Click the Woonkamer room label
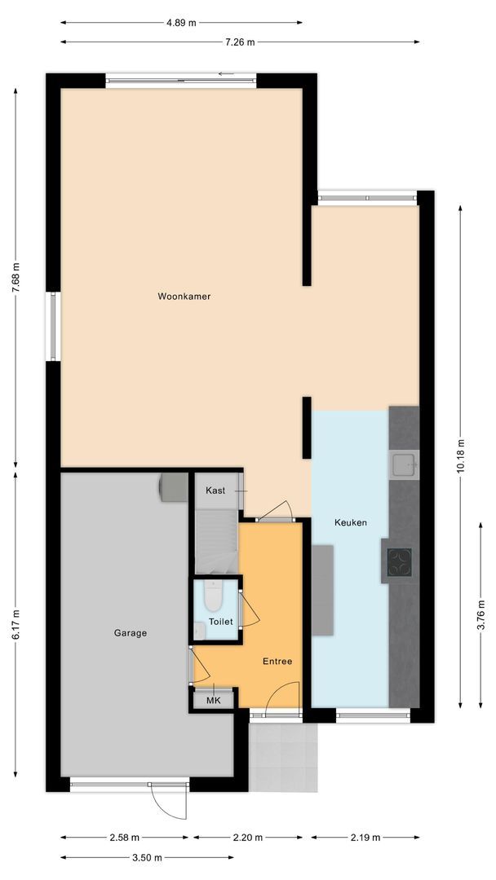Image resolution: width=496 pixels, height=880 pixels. click(184, 297)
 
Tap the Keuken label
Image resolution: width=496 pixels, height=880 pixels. click(351, 522)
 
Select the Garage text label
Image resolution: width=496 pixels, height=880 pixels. click(130, 632)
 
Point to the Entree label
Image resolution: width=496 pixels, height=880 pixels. click(277, 661)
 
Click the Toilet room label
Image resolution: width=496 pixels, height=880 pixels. click(221, 622)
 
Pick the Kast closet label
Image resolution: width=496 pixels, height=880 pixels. click(215, 491)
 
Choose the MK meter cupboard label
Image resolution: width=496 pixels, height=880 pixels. click(213, 700)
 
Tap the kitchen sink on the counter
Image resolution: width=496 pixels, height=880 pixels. click(404, 464)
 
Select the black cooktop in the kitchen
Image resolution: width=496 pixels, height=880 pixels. click(399, 562)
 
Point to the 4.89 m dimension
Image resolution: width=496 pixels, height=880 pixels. click(181, 23)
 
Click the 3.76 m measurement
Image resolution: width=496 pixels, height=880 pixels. click(481, 614)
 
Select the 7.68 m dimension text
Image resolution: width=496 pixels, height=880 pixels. click(15, 279)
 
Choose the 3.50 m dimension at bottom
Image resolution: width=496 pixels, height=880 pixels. click(147, 857)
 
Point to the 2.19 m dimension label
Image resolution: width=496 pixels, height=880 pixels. click(365, 838)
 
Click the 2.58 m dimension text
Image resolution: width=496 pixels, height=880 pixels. click(124, 838)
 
